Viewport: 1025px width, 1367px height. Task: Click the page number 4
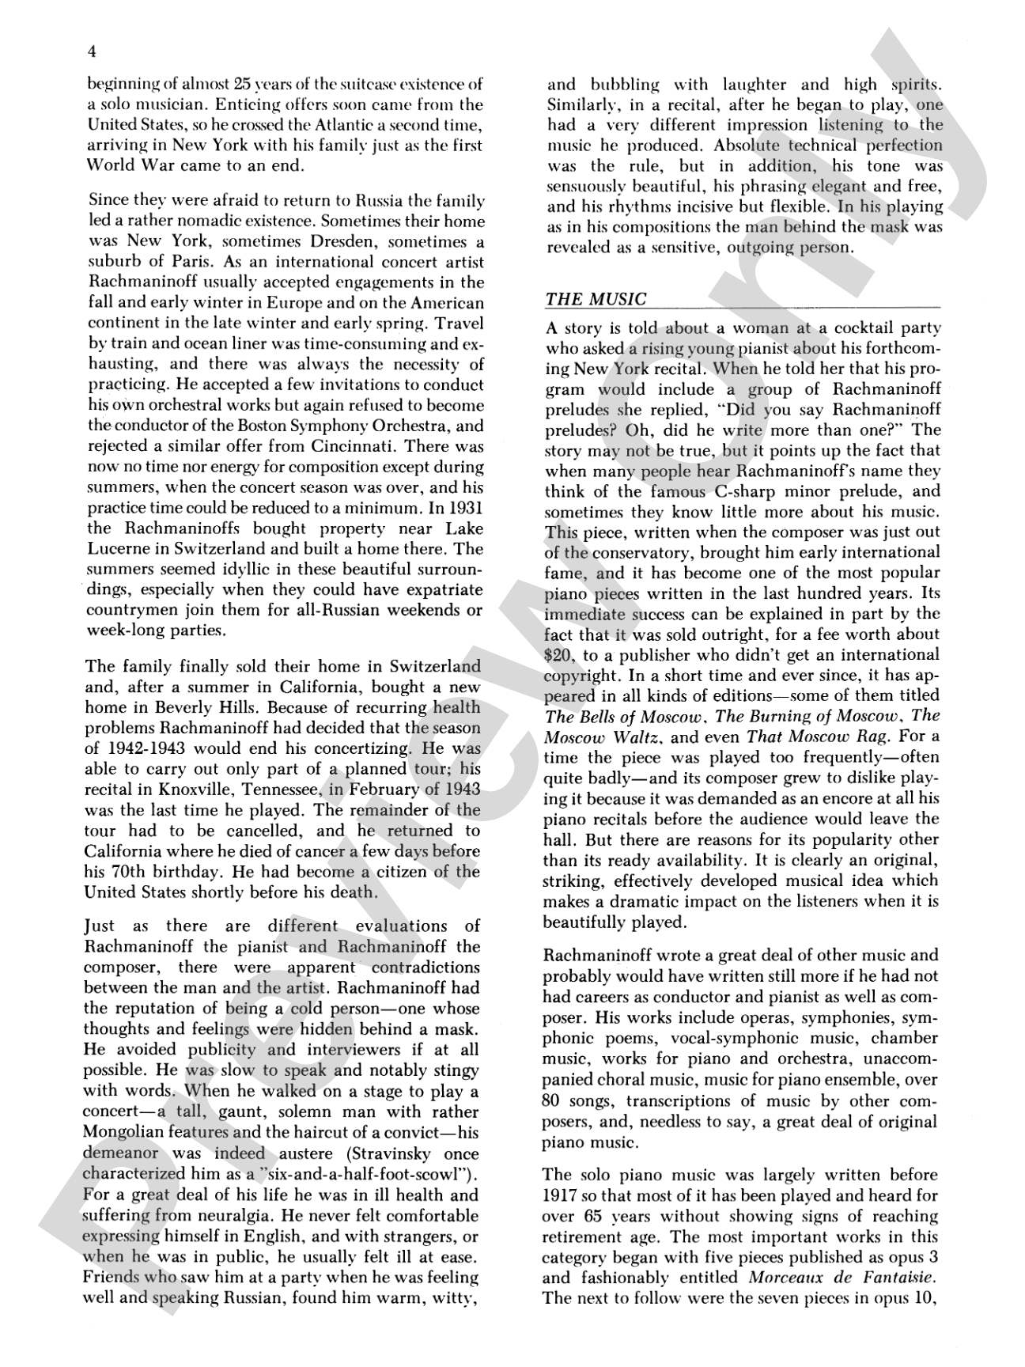tap(93, 52)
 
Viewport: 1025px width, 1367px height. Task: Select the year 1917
tap(562, 1195)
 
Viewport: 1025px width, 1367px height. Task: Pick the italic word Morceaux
tap(783, 1278)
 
